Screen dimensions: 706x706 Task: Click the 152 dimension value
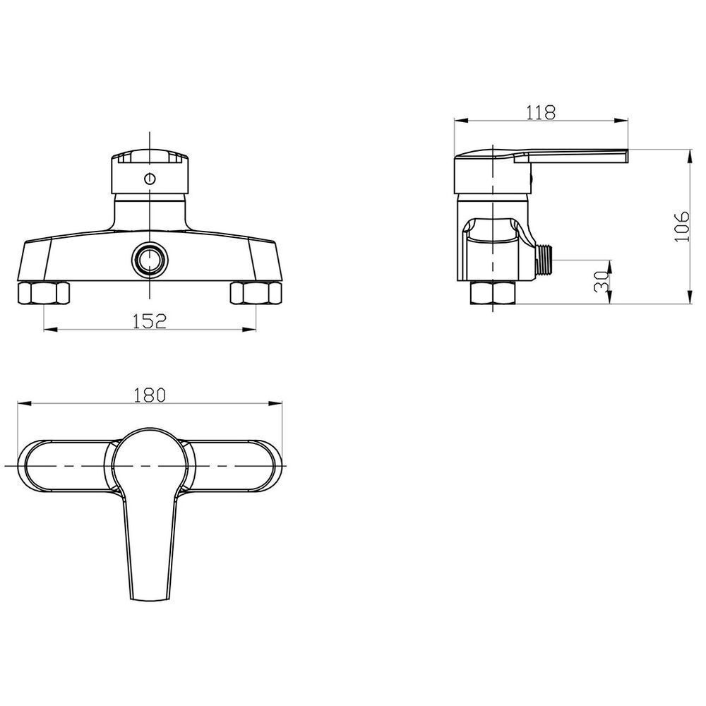click(x=150, y=321)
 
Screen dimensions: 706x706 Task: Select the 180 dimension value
click(x=150, y=395)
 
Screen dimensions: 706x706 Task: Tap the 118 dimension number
click(x=542, y=112)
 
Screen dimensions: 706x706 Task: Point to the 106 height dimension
click(x=682, y=226)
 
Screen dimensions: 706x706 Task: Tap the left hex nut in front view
click(x=44, y=293)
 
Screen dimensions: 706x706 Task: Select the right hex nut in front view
click(x=256, y=293)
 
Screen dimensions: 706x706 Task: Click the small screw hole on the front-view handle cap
click(x=150, y=179)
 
